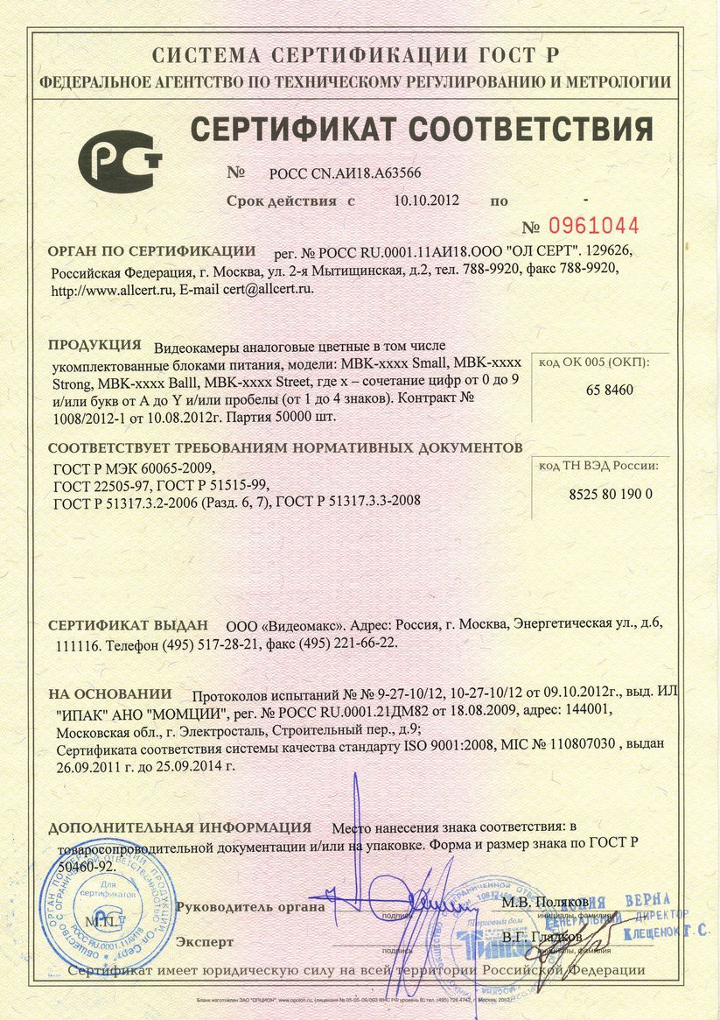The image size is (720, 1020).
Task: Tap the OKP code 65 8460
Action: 610,390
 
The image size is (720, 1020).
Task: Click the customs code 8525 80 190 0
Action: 612,494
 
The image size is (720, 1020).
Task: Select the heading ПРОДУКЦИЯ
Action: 94,344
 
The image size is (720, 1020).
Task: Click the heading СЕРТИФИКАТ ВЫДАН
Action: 128,625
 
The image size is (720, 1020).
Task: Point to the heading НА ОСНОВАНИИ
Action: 109,693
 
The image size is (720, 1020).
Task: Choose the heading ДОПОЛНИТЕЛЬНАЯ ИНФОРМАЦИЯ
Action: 179,827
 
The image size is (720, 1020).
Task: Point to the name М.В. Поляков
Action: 544,901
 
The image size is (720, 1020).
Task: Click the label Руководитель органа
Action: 250,907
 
